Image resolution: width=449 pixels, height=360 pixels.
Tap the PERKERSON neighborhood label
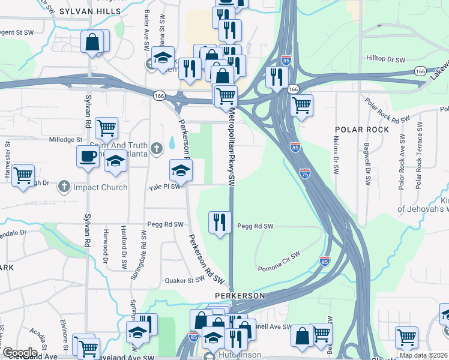point(240,296)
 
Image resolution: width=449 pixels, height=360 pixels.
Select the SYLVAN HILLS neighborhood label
point(83,11)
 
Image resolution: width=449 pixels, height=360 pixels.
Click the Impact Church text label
point(100,187)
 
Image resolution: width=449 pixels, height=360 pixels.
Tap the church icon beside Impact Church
point(63,187)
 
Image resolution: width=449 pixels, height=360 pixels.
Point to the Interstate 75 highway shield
point(304,172)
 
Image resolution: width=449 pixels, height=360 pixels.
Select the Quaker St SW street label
point(186,280)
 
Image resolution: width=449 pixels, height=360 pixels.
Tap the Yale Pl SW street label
point(164,187)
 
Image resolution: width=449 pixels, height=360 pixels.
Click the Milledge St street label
point(66,140)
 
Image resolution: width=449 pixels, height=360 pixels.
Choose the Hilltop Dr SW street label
point(385,59)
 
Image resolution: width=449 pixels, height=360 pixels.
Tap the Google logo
point(20,352)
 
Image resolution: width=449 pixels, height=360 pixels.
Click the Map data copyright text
point(424,356)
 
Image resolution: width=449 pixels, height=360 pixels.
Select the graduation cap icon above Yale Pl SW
point(180,170)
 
